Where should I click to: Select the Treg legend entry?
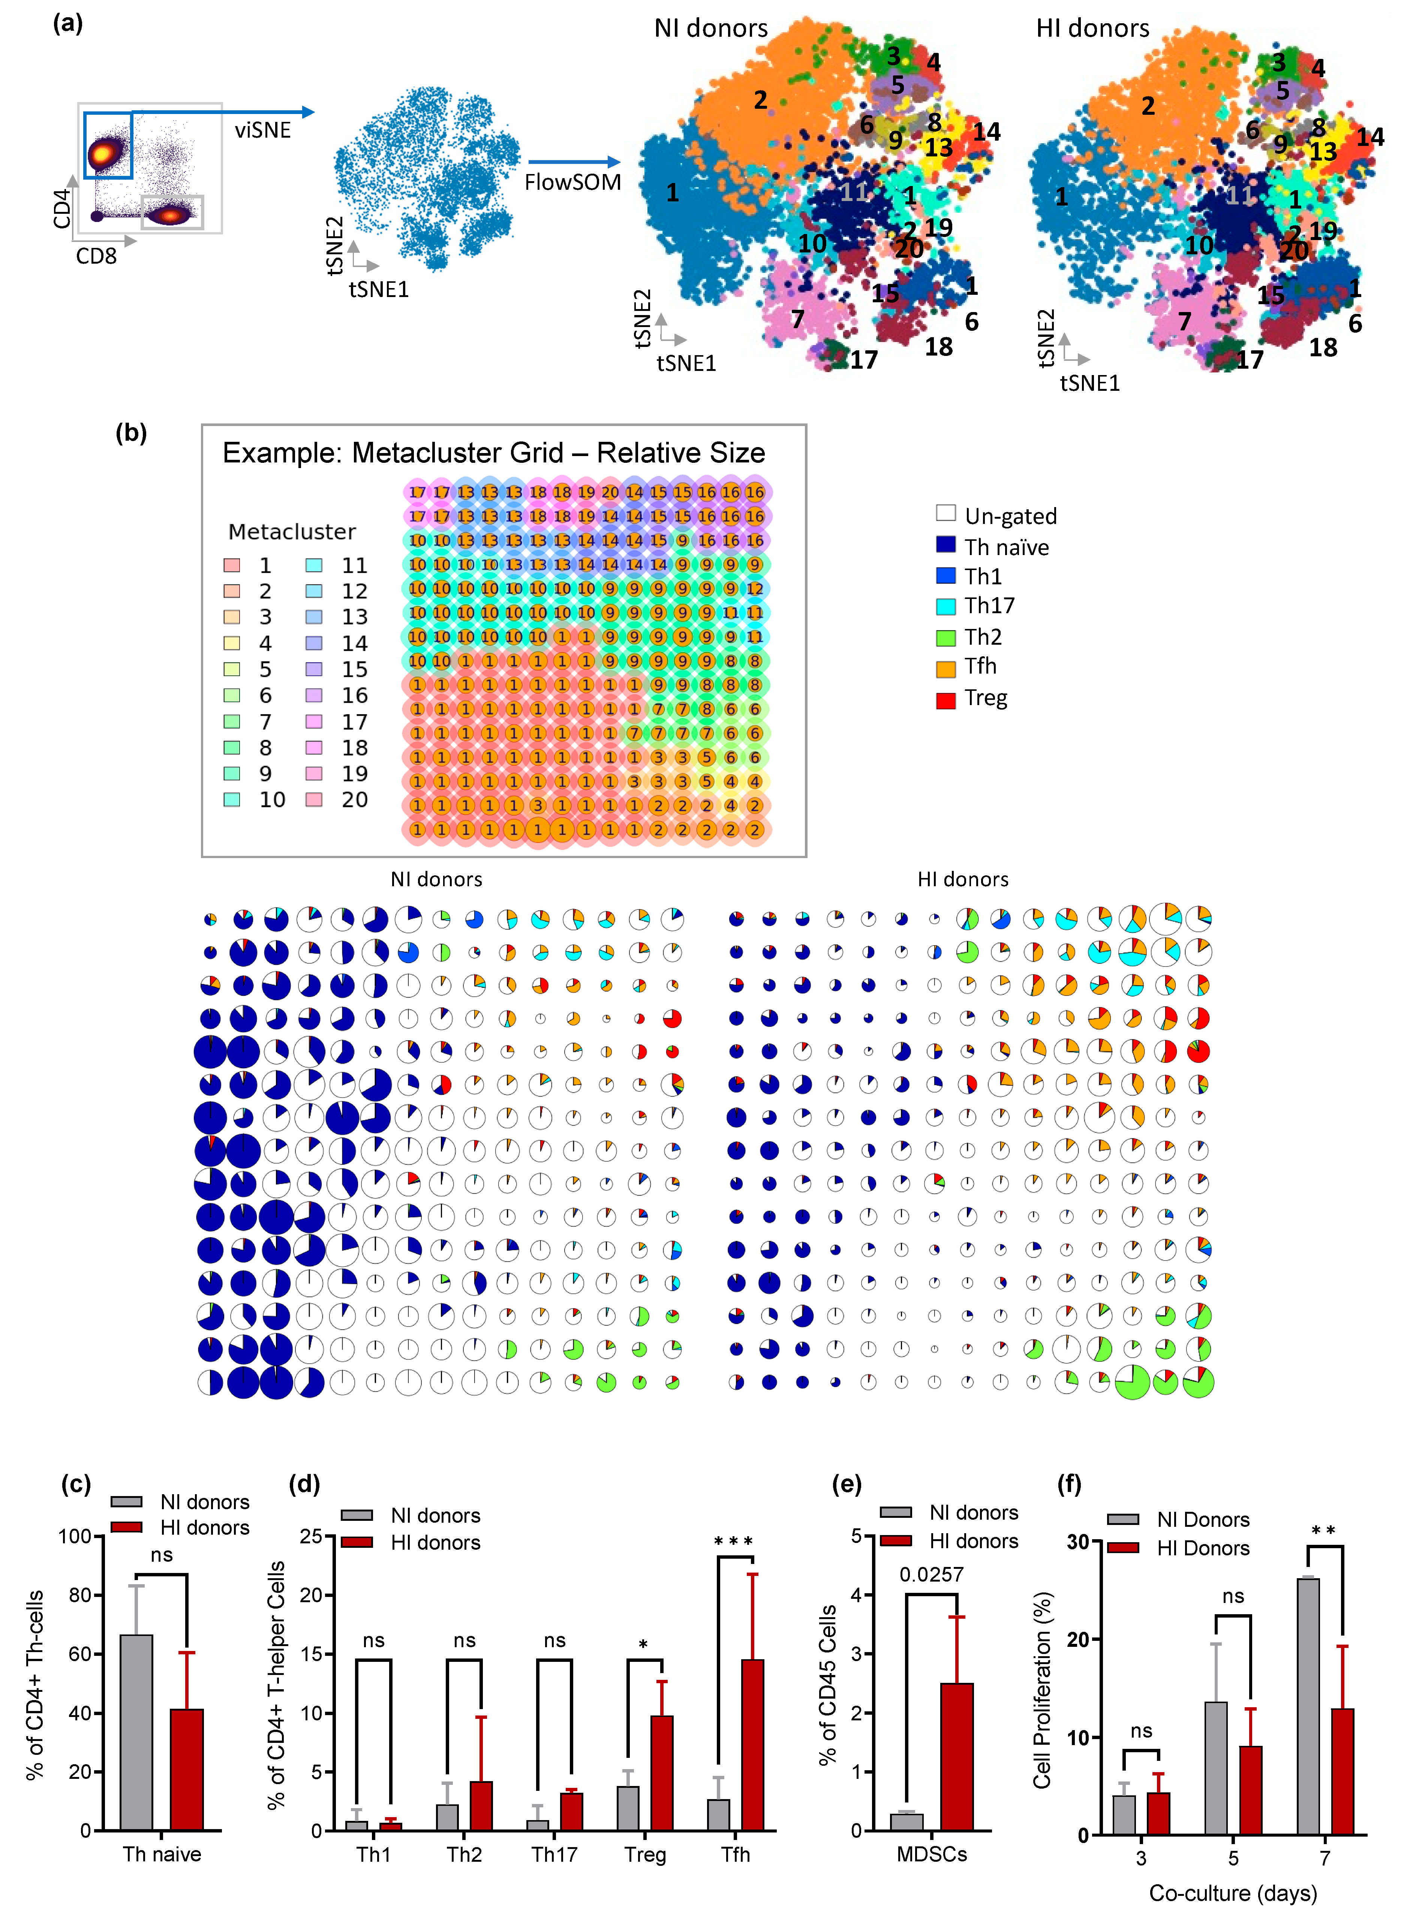click(x=985, y=699)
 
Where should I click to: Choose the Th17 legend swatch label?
click(x=989, y=606)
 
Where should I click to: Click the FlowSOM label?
click(x=572, y=182)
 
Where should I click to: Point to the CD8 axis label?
click(x=96, y=255)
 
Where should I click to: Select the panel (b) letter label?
click(x=131, y=433)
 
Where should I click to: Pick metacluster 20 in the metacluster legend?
click(x=354, y=800)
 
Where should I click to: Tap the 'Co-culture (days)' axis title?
click(x=1232, y=1893)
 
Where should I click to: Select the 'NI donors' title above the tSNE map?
click(x=710, y=28)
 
